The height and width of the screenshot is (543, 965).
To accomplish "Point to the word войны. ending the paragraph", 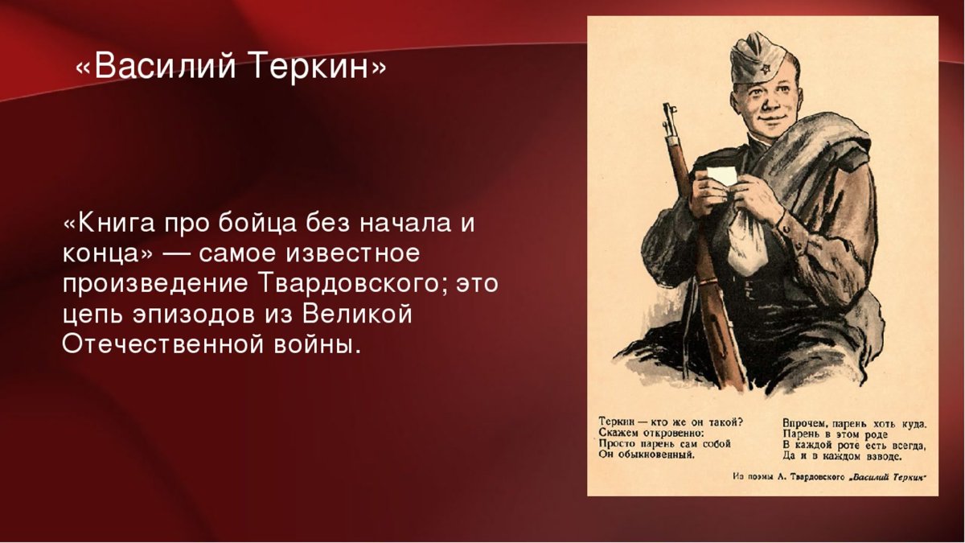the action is (x=317, y=344).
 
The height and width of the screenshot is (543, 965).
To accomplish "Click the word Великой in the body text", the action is (x=357, y=315).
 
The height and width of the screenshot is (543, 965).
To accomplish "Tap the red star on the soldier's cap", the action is (x=765, y=68).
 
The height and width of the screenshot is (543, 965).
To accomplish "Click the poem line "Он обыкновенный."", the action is (x=647, y=455).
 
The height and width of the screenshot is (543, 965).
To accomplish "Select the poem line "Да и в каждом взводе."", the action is (x=842, y=456).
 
